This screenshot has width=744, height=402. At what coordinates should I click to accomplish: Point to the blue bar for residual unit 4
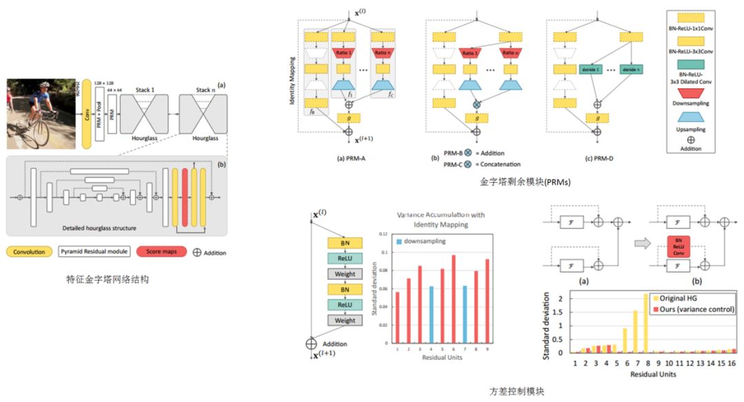(x=431, y=314)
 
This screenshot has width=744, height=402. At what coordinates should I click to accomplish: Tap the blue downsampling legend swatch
(x=399, y=241)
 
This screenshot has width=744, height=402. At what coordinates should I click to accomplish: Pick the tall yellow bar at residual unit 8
(x=646, y=323)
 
